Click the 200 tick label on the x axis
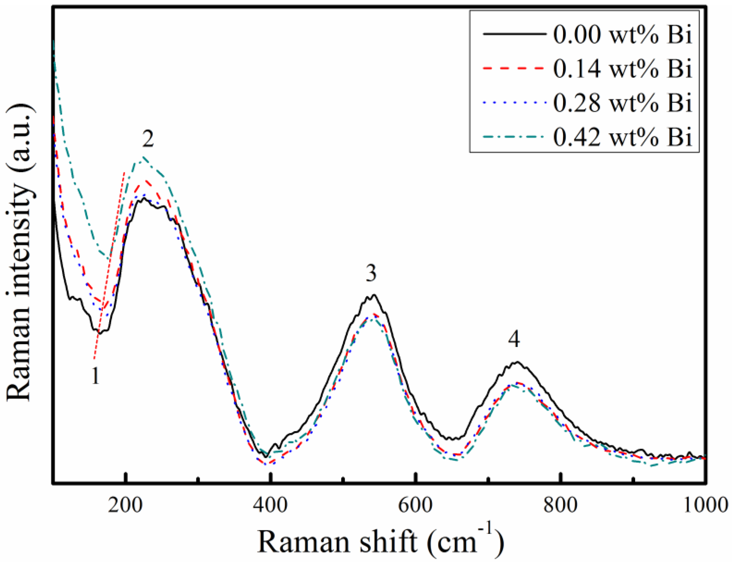(125, 505)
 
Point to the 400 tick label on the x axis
(270, 505)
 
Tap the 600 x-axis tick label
(415, 505)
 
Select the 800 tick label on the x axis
(560, 505)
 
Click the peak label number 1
(96, 376)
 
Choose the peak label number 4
(514, 340)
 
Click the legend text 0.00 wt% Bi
(622, 34)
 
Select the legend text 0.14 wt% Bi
(622, 69)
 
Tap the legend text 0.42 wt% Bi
(622, 137)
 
